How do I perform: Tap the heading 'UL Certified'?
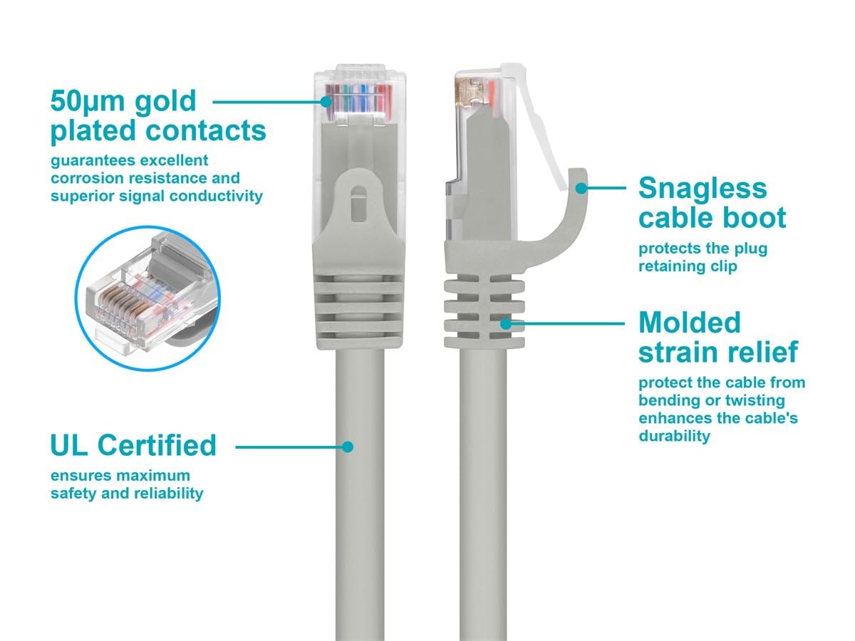click(x=133, y=445)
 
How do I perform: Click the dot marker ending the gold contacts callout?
click(x=326, y=101)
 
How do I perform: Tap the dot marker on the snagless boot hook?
click(x=582, y=188)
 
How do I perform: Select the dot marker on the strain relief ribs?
click(x=506, y=323)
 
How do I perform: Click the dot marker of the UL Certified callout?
click(x=348, y=447)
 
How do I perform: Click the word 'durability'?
click(x=674, y=436)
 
